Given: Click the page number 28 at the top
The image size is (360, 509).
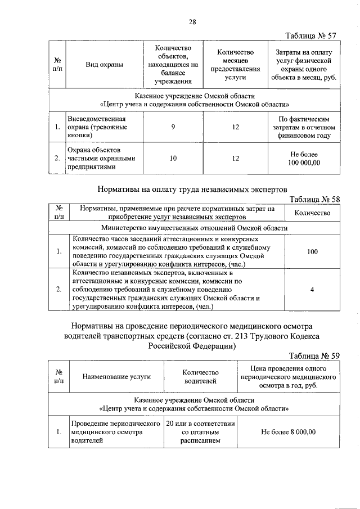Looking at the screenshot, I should click(192, 22).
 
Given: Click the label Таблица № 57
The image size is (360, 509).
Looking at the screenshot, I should click(311, 36).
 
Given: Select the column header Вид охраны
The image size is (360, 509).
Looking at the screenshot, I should click(104, 65).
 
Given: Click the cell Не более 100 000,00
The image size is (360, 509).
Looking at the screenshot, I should click(304, 159).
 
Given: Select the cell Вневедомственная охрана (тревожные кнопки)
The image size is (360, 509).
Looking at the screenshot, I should click(99, 128).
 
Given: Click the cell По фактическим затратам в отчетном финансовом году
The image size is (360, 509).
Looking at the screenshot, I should click(304, 128).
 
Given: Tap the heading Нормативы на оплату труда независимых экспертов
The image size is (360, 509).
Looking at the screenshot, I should click(193, 190).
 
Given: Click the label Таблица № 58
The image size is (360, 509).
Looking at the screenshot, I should click(314, 200).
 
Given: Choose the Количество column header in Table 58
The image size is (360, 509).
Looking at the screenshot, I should click(312, 213).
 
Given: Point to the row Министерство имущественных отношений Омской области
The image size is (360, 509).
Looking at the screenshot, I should click(194, 228).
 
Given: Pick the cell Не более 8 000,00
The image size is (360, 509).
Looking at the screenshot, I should click(289, 432).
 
